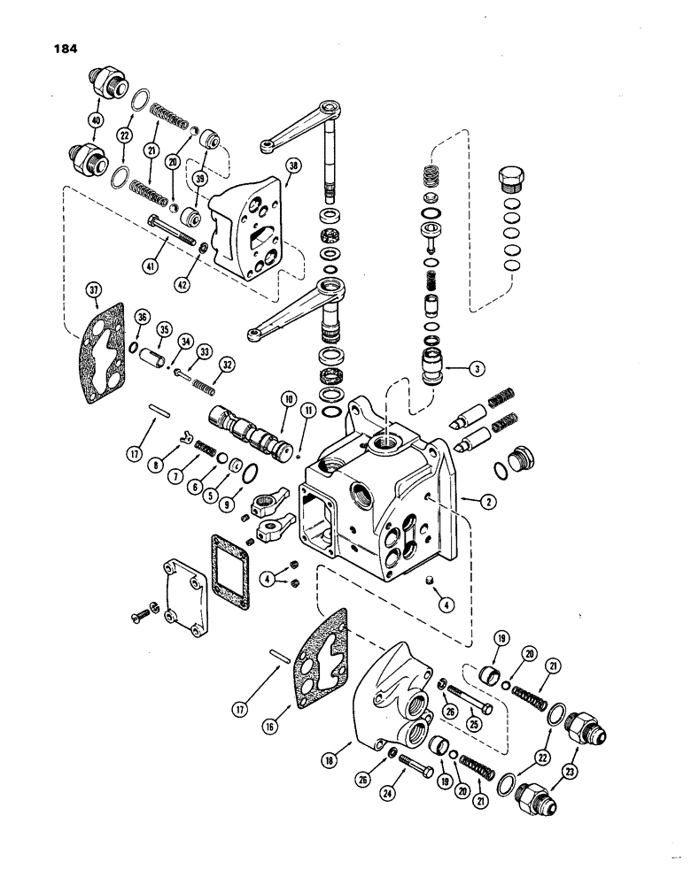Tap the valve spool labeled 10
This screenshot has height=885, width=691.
point(248,427)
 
